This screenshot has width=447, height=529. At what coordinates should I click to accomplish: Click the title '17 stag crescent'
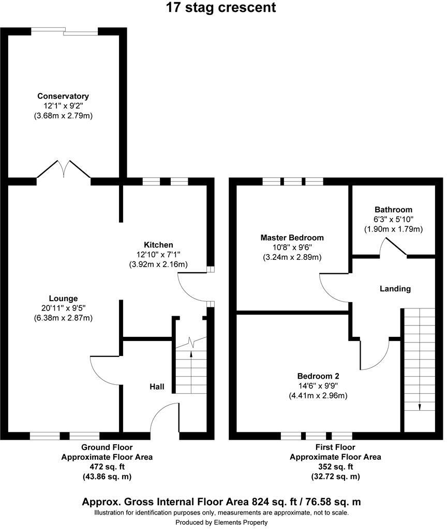coord(221,8)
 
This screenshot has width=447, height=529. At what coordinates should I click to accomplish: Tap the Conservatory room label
coord(63,96)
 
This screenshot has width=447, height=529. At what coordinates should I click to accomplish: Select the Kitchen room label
coord(158,244)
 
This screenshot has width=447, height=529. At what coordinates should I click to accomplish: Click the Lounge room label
coord(63,298)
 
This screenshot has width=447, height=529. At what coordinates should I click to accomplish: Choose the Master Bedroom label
coord(292,238)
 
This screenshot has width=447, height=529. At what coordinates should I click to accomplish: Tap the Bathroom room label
coord(394,209)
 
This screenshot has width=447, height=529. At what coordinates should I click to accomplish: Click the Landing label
coord(396,289)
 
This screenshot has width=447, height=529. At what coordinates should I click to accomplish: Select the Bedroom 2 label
coord(318,376)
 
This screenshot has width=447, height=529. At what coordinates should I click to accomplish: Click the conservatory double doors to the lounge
coord(64,169)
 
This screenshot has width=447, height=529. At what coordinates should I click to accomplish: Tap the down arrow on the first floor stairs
coord(419,406)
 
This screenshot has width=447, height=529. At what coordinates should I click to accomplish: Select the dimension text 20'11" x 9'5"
coord(63,308)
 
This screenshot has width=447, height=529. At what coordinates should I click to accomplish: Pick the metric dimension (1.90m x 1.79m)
coord(394,229)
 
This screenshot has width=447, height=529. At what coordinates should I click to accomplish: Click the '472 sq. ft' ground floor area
coord(107,467)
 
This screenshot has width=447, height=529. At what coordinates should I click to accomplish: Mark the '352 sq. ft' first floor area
coord(335,467)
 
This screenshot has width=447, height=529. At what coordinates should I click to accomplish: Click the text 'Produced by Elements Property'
coord(221,522)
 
